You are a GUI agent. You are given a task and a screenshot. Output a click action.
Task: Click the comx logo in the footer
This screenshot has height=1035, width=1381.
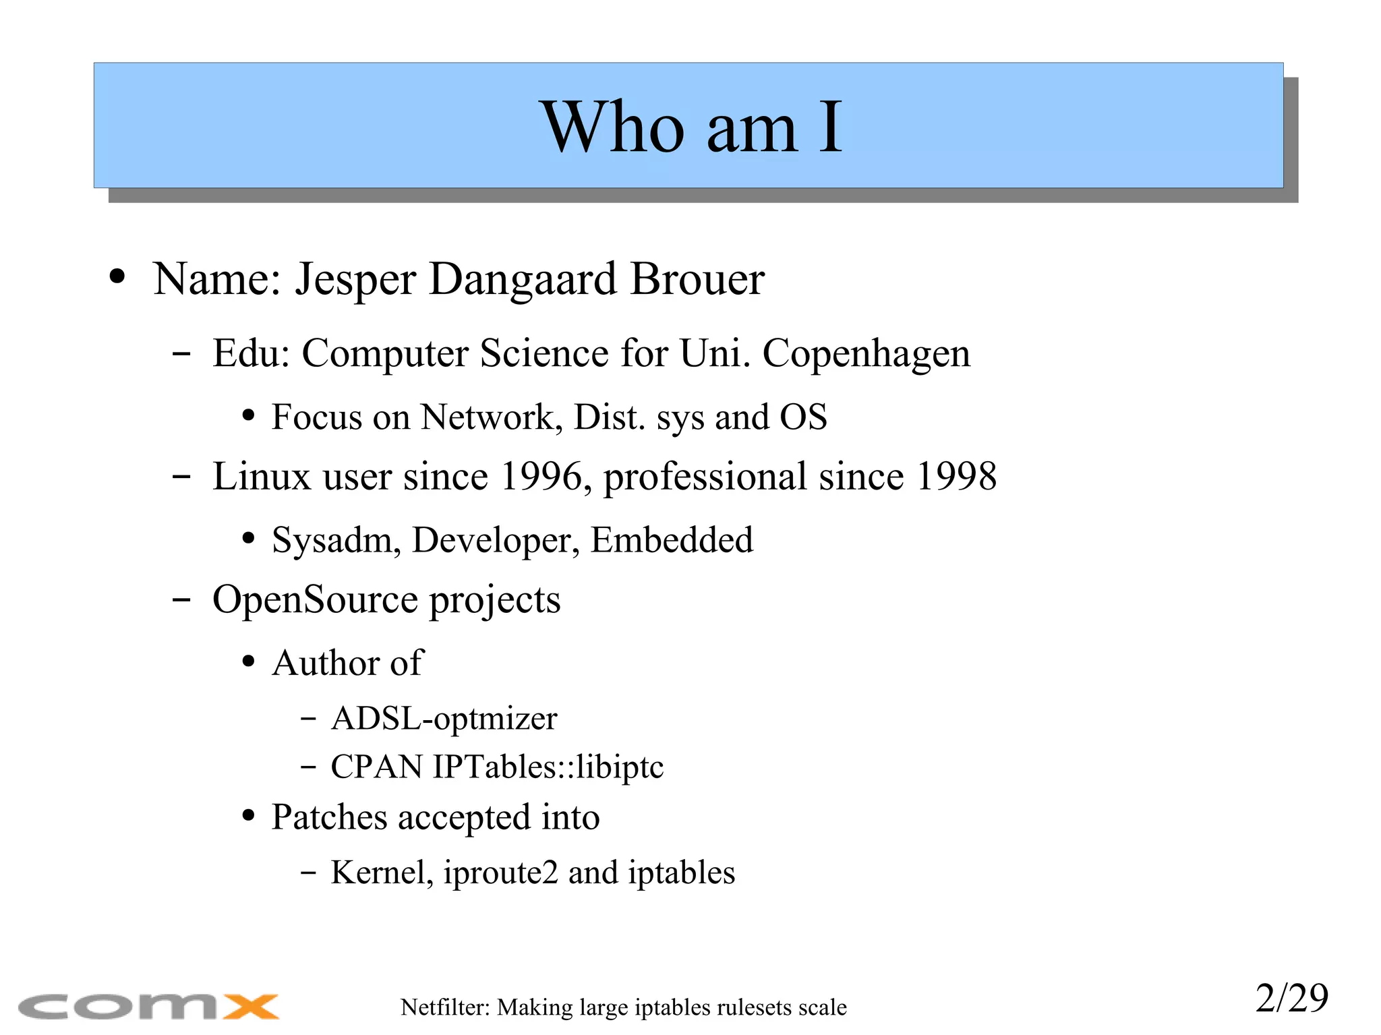[x=148, y=1006]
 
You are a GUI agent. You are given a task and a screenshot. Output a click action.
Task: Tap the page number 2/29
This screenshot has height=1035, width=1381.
[x=1291, y=998]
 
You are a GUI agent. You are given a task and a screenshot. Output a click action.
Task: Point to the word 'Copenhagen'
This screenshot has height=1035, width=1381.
[x=866, y=353]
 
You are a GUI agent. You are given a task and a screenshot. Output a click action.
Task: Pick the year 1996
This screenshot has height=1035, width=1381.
[x=541, y=477]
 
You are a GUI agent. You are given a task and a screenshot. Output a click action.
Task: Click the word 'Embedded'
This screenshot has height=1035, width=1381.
[x=672, y=540]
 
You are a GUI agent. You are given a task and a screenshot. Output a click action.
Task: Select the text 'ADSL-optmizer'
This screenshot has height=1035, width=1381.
[x=444, y=718]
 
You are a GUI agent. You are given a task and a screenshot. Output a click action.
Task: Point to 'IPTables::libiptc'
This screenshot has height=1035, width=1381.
[x=548, y=767]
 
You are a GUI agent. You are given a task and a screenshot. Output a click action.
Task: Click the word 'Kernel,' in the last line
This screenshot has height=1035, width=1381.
[x=382, y=873]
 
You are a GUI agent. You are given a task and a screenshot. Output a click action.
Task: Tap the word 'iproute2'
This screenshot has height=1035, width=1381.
[x=500, y=873]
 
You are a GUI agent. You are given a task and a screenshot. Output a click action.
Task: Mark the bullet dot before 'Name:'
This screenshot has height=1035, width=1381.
[x=117, y=277]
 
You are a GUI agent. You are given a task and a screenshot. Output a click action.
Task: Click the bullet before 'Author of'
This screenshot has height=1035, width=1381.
[x=248, y=661]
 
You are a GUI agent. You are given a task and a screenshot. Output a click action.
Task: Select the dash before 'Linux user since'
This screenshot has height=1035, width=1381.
[x=181, y=477]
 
